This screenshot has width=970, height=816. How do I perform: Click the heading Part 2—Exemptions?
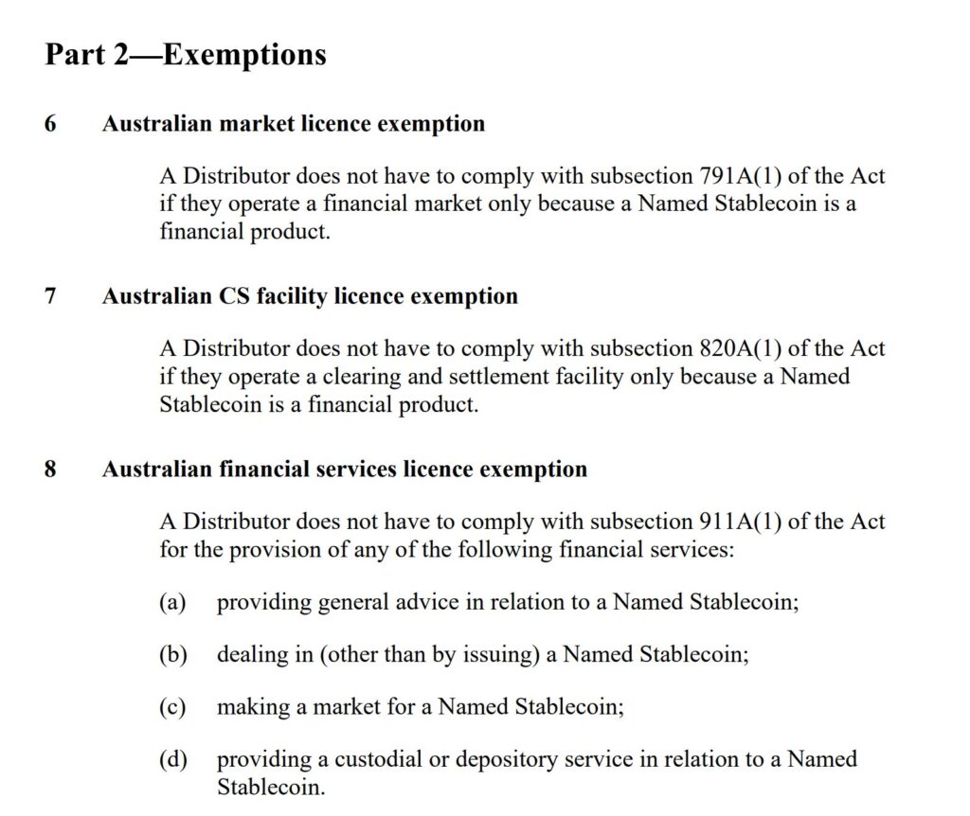(x=186, y=55)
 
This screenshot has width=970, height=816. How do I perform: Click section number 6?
(x=50, y=124)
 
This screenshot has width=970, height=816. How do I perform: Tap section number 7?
(x=50, y=296)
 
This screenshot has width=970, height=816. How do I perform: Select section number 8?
(x=50, y=470)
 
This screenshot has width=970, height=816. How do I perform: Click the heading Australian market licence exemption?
(x=294, y=124)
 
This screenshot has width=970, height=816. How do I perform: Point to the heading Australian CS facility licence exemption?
(x=310, y=296)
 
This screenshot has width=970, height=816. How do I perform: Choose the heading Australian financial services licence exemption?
(x=345, y=470)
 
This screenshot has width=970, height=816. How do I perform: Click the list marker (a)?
(x=172, y=603)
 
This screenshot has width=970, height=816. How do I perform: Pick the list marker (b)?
(x=172, y=655)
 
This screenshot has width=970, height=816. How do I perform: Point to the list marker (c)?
(x=172, y=707)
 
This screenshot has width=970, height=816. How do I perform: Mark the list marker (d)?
(x=172, y=759)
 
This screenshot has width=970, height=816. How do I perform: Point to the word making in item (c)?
(x=247, y=707)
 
